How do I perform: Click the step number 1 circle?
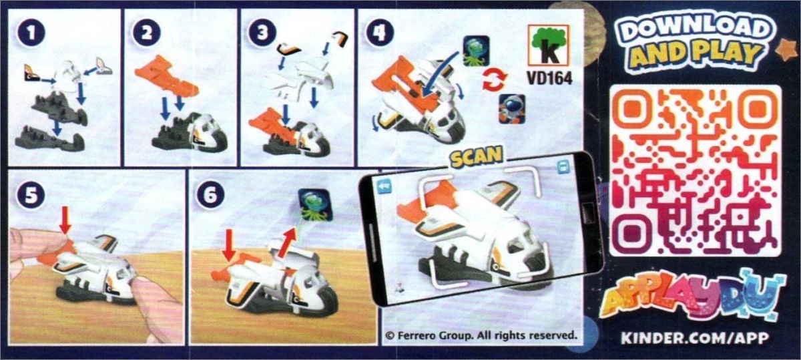31,33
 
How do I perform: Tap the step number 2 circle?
147,33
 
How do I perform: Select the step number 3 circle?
263,33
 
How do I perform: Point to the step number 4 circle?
379,33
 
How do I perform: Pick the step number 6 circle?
210,196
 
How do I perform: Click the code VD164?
549,78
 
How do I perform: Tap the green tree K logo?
549,45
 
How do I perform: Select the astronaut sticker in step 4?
512,109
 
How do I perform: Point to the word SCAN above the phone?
477,156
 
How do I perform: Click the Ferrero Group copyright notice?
482,336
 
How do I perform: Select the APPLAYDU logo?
692,298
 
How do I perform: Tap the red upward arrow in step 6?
288,242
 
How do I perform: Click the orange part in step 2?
166,76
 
